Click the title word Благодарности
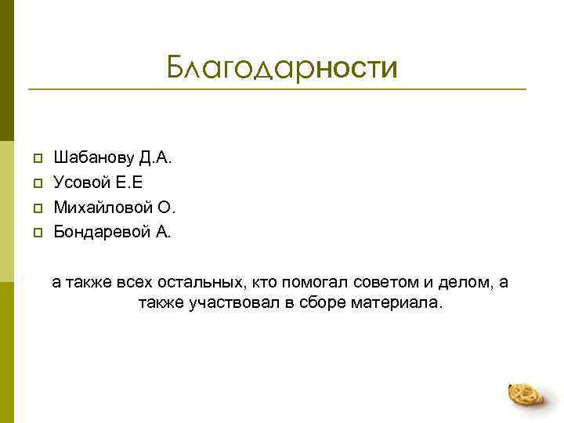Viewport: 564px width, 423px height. pyautogui.click(x=281, y=68)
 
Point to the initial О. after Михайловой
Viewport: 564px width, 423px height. pyautogui.click(x=167, y=208)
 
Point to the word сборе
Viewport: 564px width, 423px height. pyautogui.click(x=320, y=302)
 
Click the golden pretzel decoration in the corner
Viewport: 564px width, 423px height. pyautogui.click(x=526, y=394)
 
